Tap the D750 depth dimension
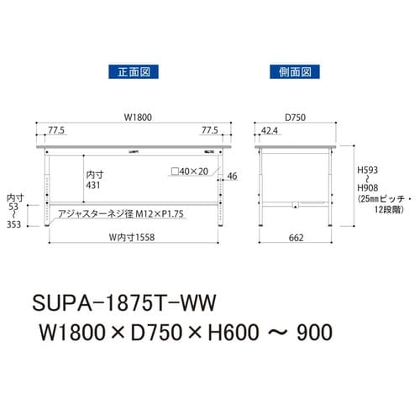295,118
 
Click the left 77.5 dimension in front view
56,132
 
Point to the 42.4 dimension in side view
270,132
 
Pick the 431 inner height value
95,184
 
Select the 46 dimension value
233,176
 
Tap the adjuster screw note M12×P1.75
120,215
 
